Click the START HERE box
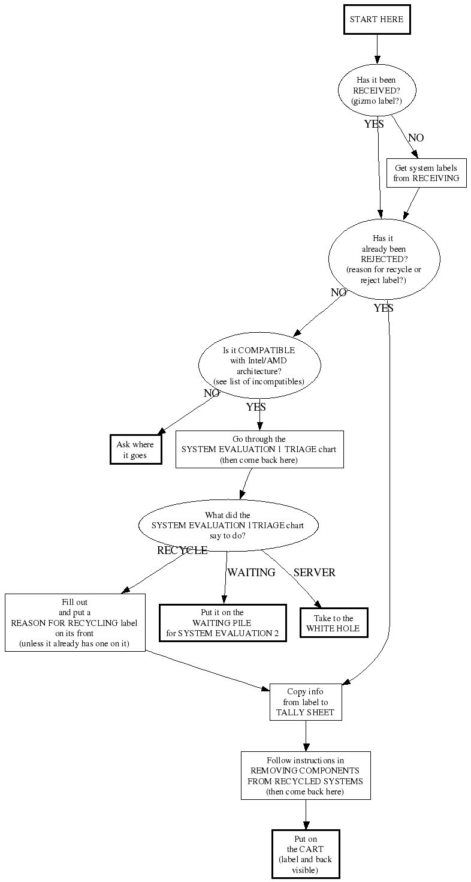(377, 20)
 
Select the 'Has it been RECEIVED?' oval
(377, 91)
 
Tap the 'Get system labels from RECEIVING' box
(426, 173)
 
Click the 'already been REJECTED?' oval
(384, 259)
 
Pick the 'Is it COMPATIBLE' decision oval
(259, 365)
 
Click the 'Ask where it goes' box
(135, 449)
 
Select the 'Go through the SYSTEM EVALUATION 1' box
(259, 449)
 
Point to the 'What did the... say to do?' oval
(228, 525)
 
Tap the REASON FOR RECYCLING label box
(75, 623)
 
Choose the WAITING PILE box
(222, 623)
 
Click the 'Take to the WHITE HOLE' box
(334, 623)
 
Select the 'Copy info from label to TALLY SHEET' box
(306, 702)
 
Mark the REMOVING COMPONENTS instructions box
(306, 775)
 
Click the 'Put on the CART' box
(306, 853)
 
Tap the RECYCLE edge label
(182, 550)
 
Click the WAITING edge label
(251, 573)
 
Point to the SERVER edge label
(314, 573)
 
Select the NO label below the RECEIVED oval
(416, 138)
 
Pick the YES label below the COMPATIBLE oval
(256, 407)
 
